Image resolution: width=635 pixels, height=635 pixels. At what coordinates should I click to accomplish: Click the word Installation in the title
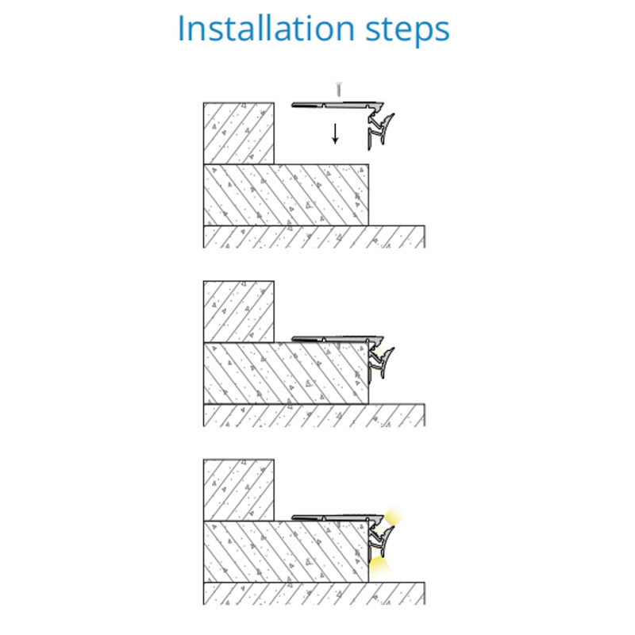coord(267,29)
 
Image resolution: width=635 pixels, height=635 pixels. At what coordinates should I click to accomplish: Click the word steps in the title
coord(407,31)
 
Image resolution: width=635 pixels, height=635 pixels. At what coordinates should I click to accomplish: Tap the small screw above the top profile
coord(339,90)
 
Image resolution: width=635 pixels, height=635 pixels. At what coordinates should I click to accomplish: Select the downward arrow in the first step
coord(335,134)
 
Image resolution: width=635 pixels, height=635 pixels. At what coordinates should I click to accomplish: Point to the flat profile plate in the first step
coord(337,105)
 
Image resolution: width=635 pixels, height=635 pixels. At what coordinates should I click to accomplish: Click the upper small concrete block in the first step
coord(239,133)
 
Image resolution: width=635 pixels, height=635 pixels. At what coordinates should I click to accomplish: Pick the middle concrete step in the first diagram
coord(286,194)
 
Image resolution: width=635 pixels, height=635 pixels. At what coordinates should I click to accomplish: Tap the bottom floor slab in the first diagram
coord(314,237)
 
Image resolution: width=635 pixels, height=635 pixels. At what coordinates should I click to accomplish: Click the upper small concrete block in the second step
coord(239,311)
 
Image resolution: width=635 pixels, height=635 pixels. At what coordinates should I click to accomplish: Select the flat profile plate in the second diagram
coord(337,339)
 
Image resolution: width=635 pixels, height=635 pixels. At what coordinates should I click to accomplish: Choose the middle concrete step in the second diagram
coord(286,373)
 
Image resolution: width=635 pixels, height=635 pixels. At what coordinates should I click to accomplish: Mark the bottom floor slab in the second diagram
coord(314,415)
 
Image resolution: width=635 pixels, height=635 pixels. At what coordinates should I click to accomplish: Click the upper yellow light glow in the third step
coord(394,516)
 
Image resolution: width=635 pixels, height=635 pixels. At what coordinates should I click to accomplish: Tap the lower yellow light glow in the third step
coord(379,564)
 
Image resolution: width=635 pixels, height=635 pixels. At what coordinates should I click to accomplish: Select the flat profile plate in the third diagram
coord(337,518)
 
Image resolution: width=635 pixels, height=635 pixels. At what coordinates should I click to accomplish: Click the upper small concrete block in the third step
coord(239,490)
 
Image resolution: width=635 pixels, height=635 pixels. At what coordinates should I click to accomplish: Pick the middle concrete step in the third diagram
coord(286,552)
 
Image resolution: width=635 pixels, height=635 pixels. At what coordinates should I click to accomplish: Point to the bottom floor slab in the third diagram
coord(314,593)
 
